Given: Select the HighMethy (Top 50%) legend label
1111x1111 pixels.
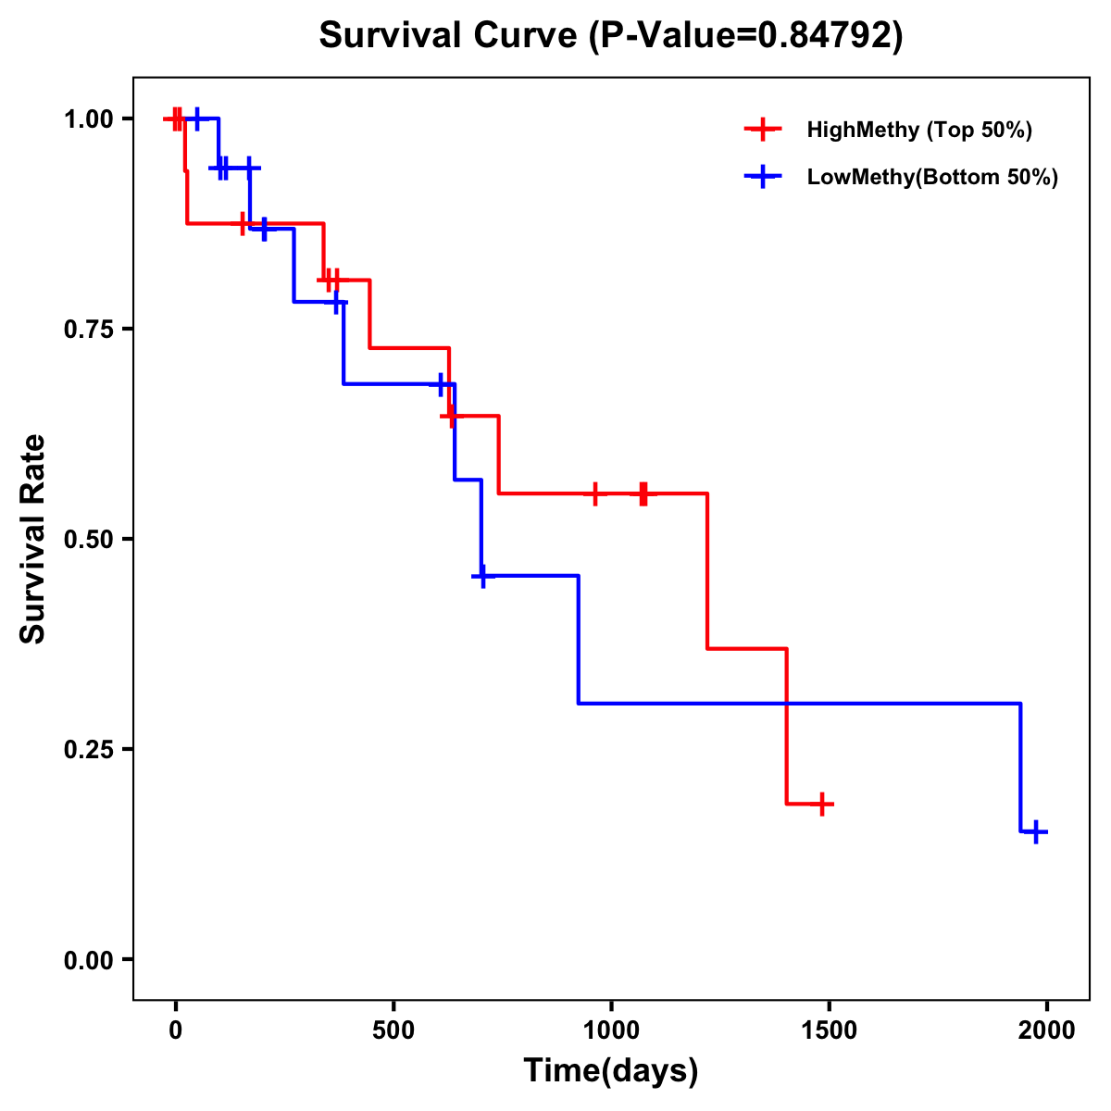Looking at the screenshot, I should pyautogui.click(x=918, y=130).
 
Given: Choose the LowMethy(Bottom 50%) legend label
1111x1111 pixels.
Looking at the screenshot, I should pyautogui.click(x=932, y=177).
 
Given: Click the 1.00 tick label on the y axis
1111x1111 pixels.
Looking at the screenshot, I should pyautogui.click(x=89, y=119).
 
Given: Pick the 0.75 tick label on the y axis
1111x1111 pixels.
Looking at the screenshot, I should pyautogui.click(x=89, y=329).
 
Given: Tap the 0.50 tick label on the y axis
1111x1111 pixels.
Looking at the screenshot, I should pyautogui.click(x=89, y=539).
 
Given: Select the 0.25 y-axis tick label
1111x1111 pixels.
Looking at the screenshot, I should pyautogui.click(x=89, y=749).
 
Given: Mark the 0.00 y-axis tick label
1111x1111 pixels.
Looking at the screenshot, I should pyautogui.click(x=89, y=959).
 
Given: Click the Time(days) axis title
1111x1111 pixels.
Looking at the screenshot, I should pyautogui.click(x=611, y=1071).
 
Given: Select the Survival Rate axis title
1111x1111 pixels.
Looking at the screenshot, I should pyautogui.click(x=33, y=539).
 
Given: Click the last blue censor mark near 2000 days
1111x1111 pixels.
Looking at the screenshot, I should pyautogui.click(x=1036, y=831).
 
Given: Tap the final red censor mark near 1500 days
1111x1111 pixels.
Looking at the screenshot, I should pyautogui.click(x=821, y=804).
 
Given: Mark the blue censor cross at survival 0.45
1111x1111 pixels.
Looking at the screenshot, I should pyautogui.click(x=481, y=576).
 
